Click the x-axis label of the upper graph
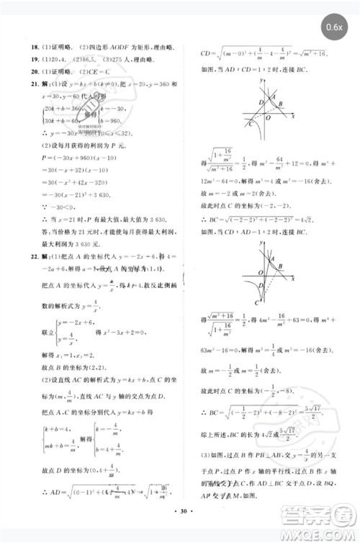pos(292,115)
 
